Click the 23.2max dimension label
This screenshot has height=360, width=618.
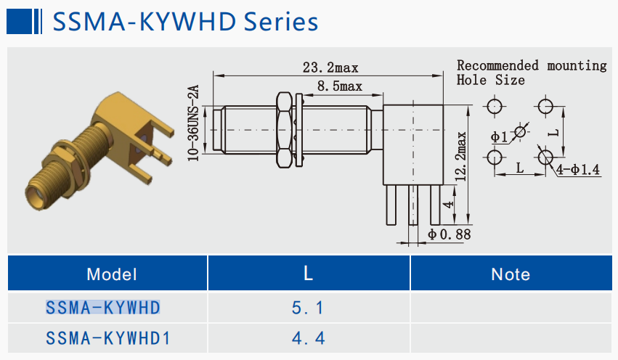[330, 67]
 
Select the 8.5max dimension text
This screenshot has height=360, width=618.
[339, 87]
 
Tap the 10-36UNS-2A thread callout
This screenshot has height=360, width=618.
[194, 123]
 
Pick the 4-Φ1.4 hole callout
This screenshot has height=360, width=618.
[579, 171]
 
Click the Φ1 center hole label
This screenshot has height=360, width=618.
[499, 136]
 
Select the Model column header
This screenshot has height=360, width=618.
[111, 274]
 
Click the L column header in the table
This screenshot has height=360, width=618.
[308, 274]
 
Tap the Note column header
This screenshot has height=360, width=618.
[511, 274]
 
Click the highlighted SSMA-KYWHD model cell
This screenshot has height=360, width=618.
[102, 308]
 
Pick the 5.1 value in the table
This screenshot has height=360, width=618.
[308, 308]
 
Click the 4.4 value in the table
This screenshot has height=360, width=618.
[308, 337]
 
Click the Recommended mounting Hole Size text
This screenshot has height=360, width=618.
[531, 73]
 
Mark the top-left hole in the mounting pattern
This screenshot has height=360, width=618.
[495, 107]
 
